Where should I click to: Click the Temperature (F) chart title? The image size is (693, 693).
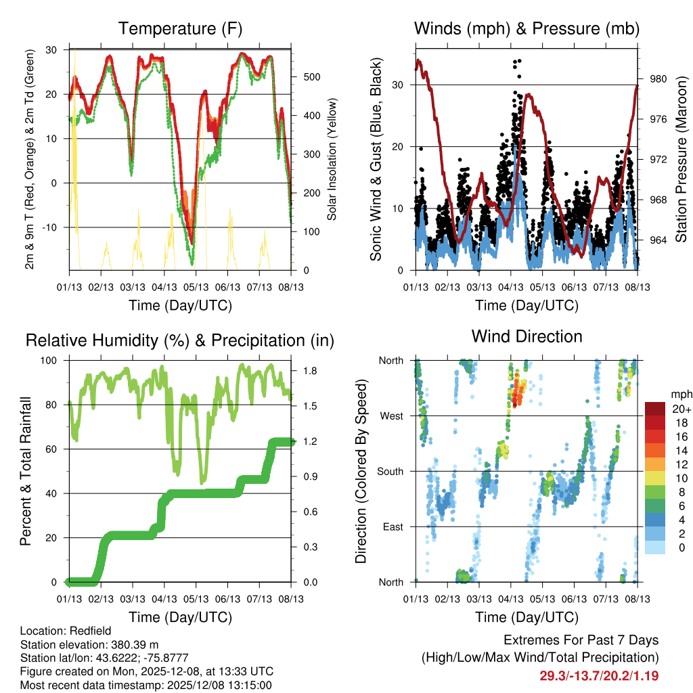click(180, 29)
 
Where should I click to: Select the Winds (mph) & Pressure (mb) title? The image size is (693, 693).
click(527, 29)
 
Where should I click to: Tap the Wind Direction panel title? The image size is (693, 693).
click(527, 336)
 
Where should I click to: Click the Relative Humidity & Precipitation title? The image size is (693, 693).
click(180, 340)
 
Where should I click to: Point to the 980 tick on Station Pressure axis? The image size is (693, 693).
click(658, 79)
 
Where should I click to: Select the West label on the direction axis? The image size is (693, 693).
click(392, 416)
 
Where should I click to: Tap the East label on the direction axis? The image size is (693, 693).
click(393, 527)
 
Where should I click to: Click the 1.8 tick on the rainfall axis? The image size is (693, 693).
click(311, 371)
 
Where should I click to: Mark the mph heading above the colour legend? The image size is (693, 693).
click(679, 394)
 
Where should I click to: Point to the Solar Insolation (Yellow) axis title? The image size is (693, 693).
click(332, 160)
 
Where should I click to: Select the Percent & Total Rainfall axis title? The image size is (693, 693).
click(26, 471)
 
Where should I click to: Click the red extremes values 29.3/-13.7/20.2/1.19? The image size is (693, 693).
click(599, 675)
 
